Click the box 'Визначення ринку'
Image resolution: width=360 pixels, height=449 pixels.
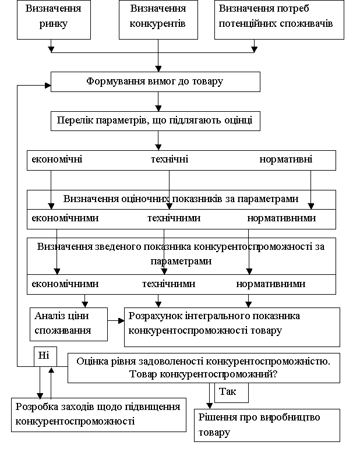(x=54, y=19)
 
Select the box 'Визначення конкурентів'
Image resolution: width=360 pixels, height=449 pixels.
(x=158, y=19)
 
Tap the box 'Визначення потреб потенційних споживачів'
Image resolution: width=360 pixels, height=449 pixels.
(x=279, y=19)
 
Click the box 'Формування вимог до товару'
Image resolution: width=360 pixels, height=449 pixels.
(x=156, y=82)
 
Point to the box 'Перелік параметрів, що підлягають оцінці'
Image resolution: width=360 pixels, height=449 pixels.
(x=156, y=121)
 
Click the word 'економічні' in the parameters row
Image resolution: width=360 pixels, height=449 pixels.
(x=57, y=159)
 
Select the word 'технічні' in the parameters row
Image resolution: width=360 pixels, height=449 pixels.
(x=170, y=159)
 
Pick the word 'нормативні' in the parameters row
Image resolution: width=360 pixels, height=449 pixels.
(x=286, y=159)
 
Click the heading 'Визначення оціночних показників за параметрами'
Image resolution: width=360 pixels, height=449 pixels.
(x=181, y=199)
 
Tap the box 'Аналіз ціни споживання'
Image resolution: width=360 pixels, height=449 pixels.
(x=69, y=324)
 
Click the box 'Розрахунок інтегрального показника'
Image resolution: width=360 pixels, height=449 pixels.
(x=232, y=327)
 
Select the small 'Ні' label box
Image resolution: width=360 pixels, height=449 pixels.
(x=45, y=356)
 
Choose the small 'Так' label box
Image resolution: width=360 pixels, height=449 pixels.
(x=231, y=393)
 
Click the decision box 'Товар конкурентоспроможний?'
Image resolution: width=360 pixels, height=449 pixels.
(x=204, y=368)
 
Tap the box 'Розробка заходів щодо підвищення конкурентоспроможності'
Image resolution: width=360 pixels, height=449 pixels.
(x=99, y=415)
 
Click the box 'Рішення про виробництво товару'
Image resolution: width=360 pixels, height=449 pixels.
(x=267, y=425)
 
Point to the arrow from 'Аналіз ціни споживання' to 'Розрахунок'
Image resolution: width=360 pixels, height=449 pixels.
(x=116, y=321)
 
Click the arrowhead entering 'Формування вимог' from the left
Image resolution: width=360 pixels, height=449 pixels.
(x=48, y=86)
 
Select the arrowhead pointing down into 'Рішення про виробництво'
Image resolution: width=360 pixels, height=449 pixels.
(x=209, y=406)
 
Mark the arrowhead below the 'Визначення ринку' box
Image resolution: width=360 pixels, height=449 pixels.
(x=51, y=50)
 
